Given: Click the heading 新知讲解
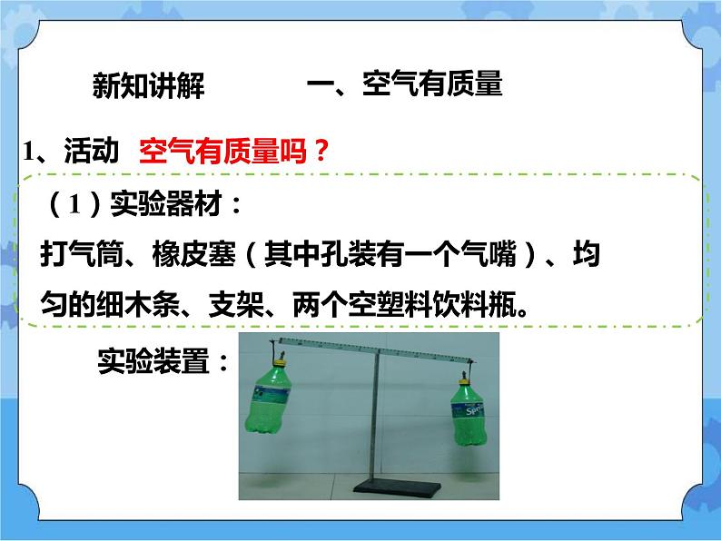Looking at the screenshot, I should pos(149,87).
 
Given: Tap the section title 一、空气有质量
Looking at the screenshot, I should pos(405,85).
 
